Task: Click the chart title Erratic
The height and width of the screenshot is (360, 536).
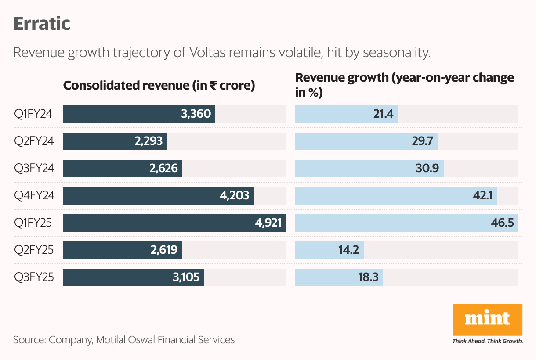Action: coord(42,24)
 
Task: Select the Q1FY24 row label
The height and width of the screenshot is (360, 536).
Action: coord(33,114)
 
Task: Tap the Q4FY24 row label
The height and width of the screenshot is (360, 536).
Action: coord(34,196)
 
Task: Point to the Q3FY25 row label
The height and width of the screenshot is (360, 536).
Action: coord(33,277)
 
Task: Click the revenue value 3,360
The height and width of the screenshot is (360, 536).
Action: coord(196,114)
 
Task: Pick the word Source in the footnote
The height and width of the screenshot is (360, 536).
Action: coord(28,339)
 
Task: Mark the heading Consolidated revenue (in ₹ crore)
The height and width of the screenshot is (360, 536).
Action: coord(159,85)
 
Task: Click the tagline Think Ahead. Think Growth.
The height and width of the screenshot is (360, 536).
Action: coord(487,341)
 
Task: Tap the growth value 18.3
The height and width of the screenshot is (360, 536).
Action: coord(367,277)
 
